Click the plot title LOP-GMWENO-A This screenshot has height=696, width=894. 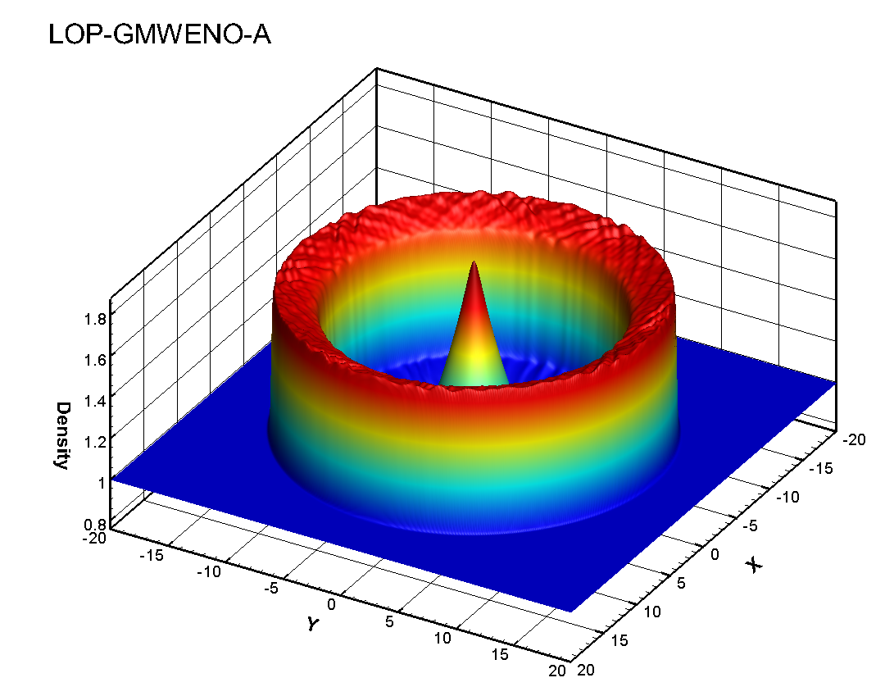pos(160,34)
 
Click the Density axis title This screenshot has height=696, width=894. pos(62,434)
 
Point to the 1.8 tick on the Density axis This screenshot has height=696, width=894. pos(95,318)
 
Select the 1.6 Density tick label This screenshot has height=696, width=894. pos(95,360)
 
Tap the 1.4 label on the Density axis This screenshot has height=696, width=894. pos(95,401)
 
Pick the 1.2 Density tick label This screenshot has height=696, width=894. pos(95,442)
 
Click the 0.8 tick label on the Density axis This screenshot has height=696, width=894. pos(95,525)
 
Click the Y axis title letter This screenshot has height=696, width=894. pos(312,624)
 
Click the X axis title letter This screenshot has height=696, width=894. pos(755,566)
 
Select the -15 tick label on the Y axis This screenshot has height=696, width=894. pos(152,554)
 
